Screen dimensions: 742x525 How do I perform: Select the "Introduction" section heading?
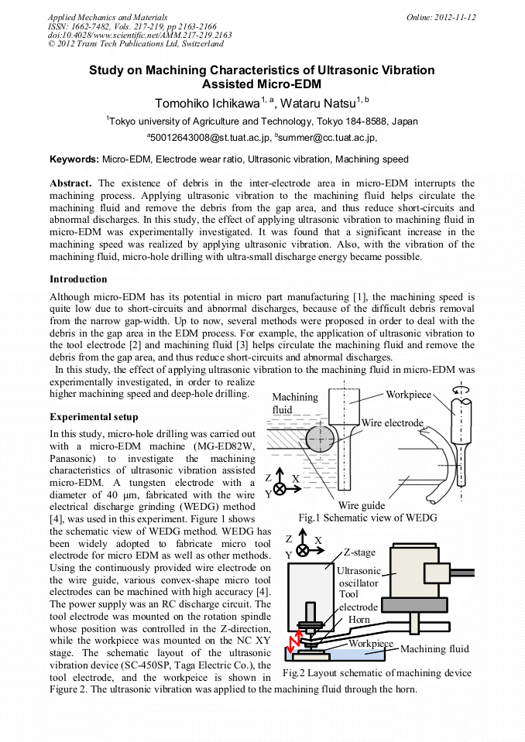point(78,279)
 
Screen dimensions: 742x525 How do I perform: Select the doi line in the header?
point(139,35)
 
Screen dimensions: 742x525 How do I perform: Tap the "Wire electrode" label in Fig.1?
point(392,423)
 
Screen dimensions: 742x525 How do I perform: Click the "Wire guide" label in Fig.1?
point(361,504)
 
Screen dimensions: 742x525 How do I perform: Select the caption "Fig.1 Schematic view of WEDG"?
point(368,517)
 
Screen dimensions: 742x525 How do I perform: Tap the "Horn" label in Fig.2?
point(359,620)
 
